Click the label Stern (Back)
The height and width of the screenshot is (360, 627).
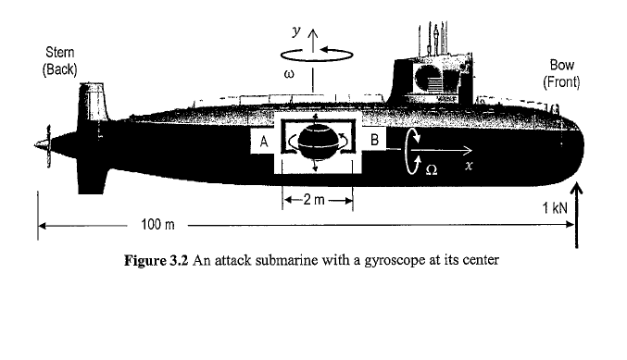click(x=60, y=62)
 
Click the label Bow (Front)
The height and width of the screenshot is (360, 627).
click(x=562, y=73)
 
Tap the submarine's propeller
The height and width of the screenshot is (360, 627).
click(x=42, y=144)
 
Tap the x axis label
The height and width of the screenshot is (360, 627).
click(x=470, y=167)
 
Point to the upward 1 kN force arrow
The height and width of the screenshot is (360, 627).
click(x=577, y=213)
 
